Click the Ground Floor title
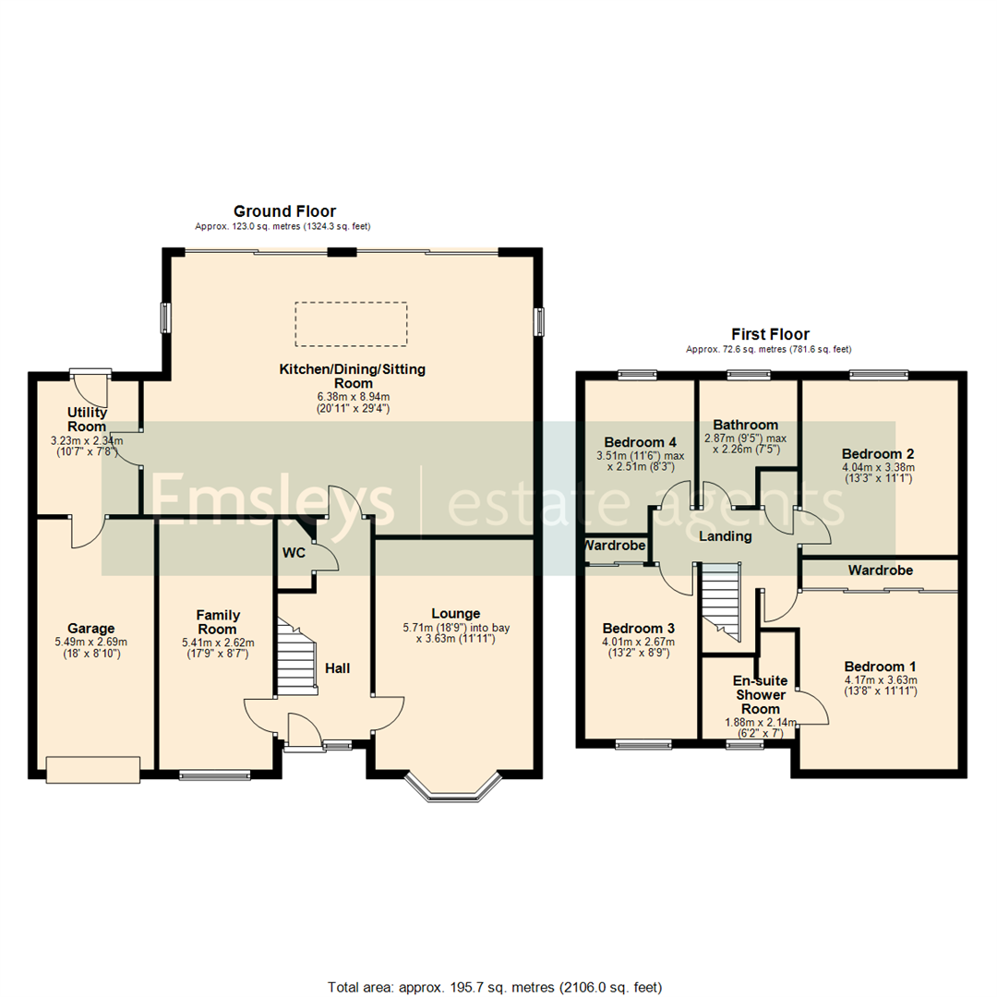(284, 211)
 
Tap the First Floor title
(770, 334)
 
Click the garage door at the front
(93, 770)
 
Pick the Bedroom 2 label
(877, 454)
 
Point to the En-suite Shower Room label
(758, 694)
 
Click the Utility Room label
(85, 419)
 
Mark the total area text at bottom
(495, 962)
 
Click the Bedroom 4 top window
(638, 375)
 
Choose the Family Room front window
(215, 775)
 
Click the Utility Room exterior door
(90, 375)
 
